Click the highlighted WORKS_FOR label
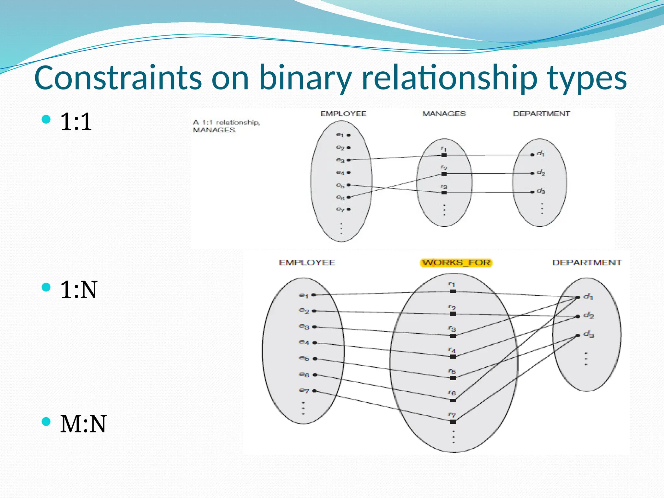pyautogui.click(x=456, y=263)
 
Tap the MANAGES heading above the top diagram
pyautogui.click(x=444, y=114)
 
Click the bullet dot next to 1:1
pyautogui.click(x=46, y=119)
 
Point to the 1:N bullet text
pyautogui.click(x=78, y=289)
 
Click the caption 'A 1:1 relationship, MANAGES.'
pyautogui.click(x=226, y=126)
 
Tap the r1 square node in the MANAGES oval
pyautogui.click(x=444, y=155)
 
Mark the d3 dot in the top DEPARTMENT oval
pyautogui.click(x=532, y=192)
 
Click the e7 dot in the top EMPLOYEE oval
pyautogui.click(x=349, y=209)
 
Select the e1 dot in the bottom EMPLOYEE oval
pyautogui.click(x=314, y=295)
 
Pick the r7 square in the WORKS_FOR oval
pyautogui.click(x=453, y=421)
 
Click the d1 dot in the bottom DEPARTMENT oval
pyautogui.click(x=578, y=297)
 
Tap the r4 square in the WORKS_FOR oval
pyautogui.click(x=453, y=357)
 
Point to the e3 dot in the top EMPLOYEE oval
pyautogui.click(x=349, y=160)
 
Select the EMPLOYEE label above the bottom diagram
pyautogui.click(x=307, y=263)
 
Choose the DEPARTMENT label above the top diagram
pyautogui.click(x=541, y=114)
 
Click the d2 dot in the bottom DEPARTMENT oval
pyautogui.click(x=578, y=316)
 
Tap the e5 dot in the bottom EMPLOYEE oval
pyautogui.click(x=314, y=359)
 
